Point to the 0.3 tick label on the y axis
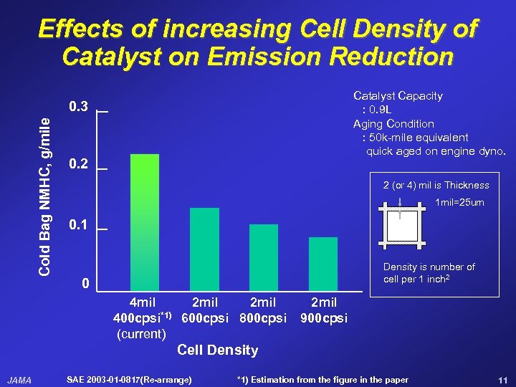[78, 107]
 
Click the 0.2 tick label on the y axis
[78, 164]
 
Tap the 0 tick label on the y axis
[85, 285]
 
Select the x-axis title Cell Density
[217, 350]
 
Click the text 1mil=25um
[459, 203]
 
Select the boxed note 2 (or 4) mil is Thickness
[436, 185]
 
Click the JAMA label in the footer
[19, 380]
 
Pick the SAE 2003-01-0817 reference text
[128, 379]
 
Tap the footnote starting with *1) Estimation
[322, 379]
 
